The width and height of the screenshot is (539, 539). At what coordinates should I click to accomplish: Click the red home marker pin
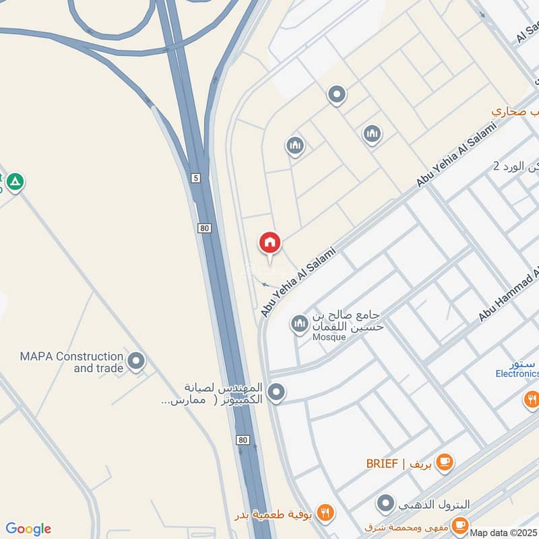(270, 243)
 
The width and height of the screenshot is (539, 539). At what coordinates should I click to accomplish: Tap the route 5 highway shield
(196, 179)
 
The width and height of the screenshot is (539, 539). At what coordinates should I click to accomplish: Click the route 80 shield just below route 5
(205, 228)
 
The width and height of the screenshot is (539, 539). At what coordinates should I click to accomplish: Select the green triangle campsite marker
(15, 181)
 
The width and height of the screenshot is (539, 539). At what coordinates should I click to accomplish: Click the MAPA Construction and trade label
(72, 362)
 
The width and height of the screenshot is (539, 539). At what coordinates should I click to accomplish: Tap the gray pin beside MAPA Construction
(136, 361)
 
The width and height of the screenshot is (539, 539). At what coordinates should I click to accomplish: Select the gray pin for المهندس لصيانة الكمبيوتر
(276, 391)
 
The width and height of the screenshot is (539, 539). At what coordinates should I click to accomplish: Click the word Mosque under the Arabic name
(327, 337)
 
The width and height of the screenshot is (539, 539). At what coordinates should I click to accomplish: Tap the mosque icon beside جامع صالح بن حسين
(299, 325)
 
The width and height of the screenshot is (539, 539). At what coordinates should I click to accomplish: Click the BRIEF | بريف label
(398, 463)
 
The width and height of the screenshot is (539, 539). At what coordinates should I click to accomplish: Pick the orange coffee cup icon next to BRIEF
(444, 462)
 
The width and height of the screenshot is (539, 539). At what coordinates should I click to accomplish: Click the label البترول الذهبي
(434, 504)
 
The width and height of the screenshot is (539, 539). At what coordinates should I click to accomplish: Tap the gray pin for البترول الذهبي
(385, 503)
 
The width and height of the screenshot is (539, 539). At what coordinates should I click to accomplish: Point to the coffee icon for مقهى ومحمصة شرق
(460, 525)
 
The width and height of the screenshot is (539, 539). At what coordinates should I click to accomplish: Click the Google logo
(28, 529)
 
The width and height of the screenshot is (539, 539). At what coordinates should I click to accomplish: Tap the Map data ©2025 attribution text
(504, 532)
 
